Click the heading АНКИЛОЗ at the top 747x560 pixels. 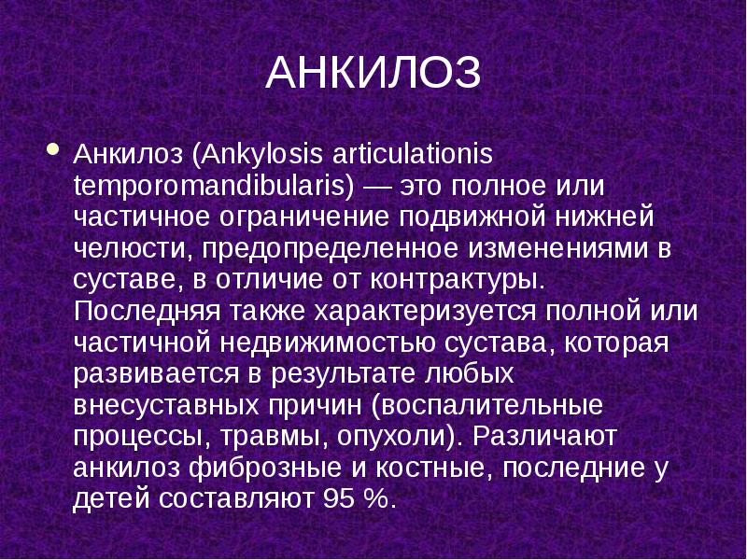click(x=373, y=73)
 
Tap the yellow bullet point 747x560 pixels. click(x=51, y=148)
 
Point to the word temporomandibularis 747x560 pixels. click(x=211, y=185)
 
